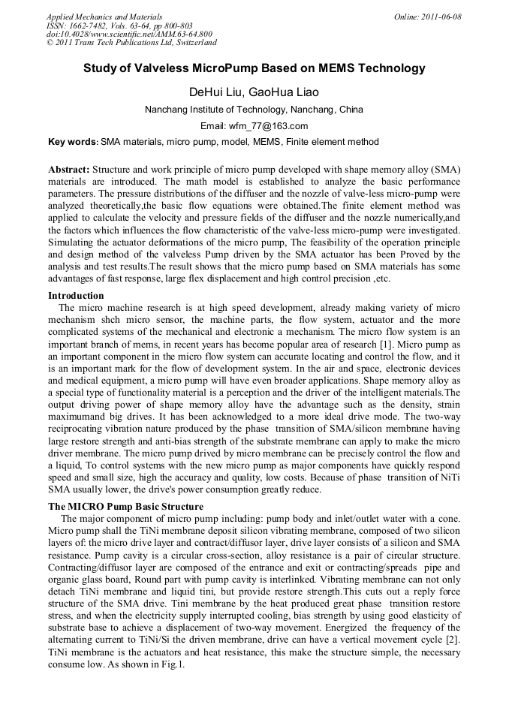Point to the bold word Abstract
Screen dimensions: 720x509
[x=69, y=170]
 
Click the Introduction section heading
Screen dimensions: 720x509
[x=76, y=296]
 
